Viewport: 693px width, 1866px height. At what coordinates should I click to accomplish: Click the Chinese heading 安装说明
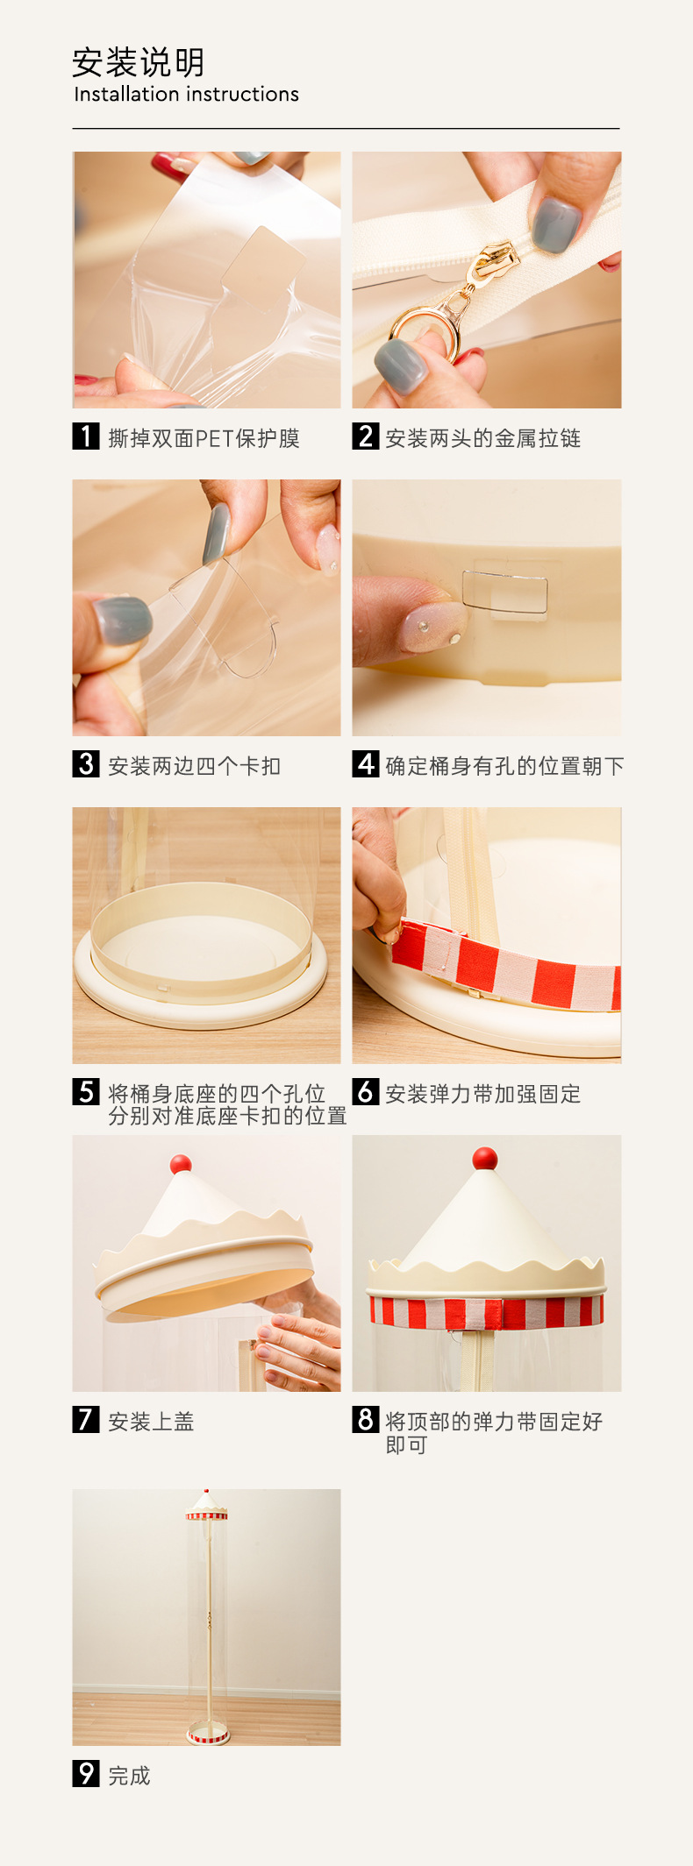coord(139,62)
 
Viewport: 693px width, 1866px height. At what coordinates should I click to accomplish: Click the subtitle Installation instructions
coord(186,95)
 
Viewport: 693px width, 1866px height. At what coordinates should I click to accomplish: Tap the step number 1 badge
coord(85,436)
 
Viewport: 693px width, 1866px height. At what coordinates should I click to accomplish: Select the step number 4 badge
coord(366,764)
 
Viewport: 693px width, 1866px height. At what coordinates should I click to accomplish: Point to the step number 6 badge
coord(366,1092)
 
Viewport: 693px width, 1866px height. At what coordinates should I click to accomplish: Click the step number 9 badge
coord(85,1774)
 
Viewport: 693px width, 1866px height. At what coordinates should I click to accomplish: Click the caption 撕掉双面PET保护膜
coord(204,438)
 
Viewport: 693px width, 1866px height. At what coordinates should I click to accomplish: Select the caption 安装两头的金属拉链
coord(483,438)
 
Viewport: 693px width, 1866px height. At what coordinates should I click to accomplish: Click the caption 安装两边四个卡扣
coord(195,766)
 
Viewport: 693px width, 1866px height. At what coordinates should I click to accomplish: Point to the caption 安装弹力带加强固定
coord(483,1094)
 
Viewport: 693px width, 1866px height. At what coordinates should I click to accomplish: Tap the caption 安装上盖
coord(151,1422)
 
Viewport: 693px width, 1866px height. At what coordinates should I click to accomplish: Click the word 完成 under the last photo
coord(130,1776)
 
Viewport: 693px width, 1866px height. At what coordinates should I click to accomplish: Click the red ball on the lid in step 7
coord(181,1164)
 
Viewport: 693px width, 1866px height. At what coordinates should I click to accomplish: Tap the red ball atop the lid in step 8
coord(485,1159)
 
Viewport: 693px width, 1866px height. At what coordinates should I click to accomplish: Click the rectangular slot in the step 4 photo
coord(505,592)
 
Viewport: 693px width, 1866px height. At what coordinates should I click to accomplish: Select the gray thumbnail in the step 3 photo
coord(121,621)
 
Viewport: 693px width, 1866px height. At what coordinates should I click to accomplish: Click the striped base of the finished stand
coord(208,1735)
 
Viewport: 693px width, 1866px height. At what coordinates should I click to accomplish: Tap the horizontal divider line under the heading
coord(346,129)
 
